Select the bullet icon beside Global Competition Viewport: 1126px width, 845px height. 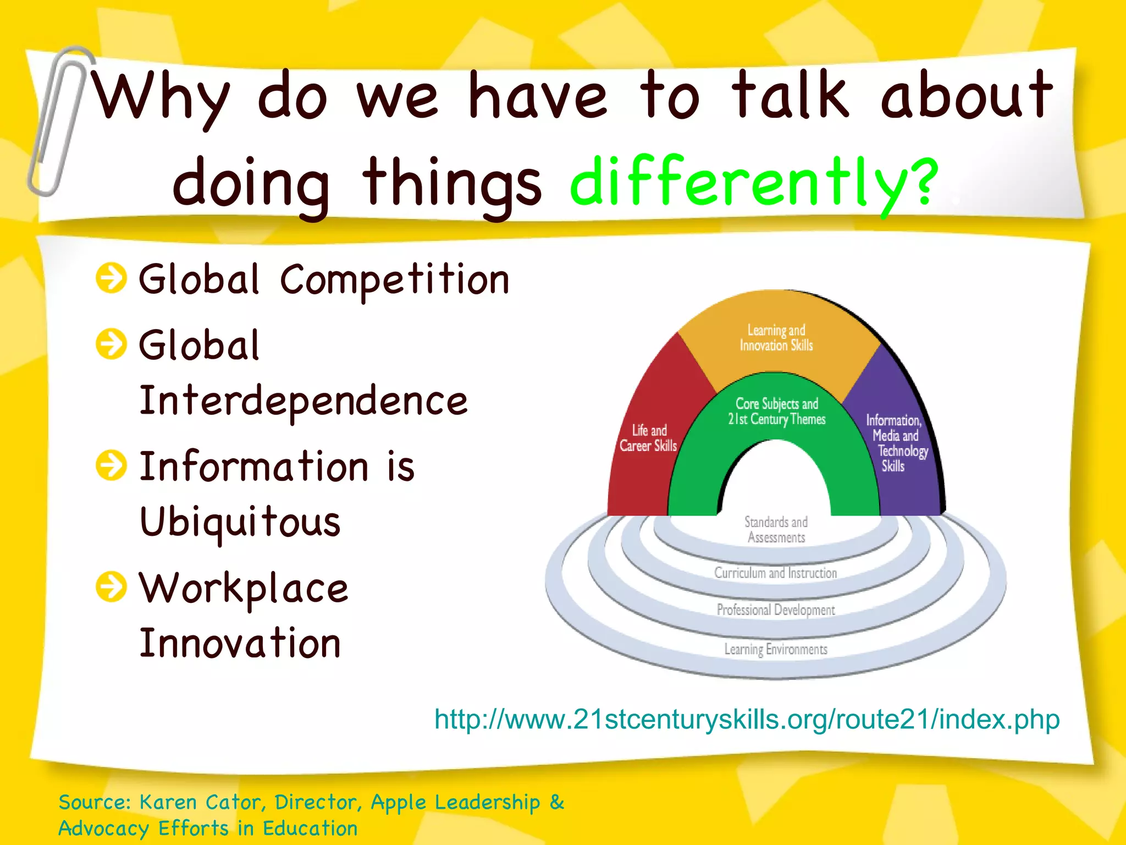click(x=111, y=278)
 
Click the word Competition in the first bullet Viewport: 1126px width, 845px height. click(x=395, y=279)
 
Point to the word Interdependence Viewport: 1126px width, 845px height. click(x=303, y=401)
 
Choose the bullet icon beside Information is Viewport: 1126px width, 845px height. click(x=111, y=465)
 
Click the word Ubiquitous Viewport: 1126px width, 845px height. click(x=240, y=522)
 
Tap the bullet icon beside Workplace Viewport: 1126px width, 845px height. click(x=111, y=586)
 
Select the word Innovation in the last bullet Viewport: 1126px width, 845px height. click(x=240, y=643)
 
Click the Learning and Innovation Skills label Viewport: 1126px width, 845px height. click(x=776, y=338)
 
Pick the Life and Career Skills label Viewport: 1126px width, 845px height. click(x=648, y=438)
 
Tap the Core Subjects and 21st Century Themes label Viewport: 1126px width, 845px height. click(x=776, y=411)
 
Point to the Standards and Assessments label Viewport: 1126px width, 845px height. click(x=776, y=529)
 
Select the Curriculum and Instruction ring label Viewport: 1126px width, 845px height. click(x=775, y=573)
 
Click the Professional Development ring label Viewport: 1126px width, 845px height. click(x=775, y=610)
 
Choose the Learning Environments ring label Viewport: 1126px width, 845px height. click(x=775, y=649)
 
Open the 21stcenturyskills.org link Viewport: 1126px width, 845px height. click(x=747, y=720)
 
